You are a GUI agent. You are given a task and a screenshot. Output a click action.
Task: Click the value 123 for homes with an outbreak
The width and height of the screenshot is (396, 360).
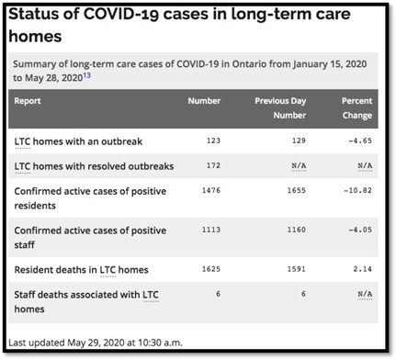pyautogui.click(x=212, y=142)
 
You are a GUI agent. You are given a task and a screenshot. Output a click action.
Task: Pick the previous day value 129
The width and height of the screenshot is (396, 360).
pyautogui.click(x=295, y=142)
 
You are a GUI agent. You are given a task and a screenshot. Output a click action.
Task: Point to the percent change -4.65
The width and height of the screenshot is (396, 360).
pyautogui.click(x=358, y=142)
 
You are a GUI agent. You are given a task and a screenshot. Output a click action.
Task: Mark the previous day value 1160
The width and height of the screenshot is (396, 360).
pyautogui.click(x=293, y=232)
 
